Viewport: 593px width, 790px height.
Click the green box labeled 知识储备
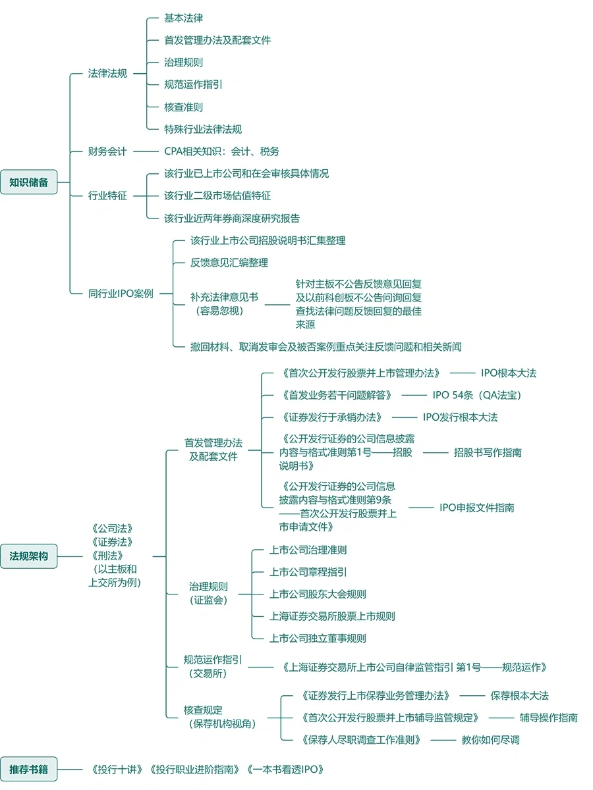point(29,182)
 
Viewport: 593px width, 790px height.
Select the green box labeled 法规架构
point(29,556)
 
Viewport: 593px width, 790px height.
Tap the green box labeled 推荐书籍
point(29,769)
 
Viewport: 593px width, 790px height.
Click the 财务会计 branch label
point(107,151)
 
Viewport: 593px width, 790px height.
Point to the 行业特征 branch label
point(107,196)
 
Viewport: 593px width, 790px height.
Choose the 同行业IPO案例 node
point(121,294)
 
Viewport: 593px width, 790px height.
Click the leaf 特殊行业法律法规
point(203,129)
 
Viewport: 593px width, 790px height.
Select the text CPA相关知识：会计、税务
point(221,151)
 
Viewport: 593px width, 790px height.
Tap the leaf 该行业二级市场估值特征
point(217,196)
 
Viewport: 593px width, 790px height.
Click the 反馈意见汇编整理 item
point(229,263)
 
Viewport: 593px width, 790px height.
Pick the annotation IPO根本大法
point(508,373)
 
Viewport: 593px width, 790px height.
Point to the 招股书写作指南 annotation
point(488,452)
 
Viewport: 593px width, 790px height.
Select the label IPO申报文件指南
point(477,508)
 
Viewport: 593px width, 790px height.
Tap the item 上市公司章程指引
point(308,571)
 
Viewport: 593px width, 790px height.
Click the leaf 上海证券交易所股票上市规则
point(332,616)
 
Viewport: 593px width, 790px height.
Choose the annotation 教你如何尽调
point(490,739)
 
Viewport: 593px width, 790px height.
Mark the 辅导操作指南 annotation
point(548,718)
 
